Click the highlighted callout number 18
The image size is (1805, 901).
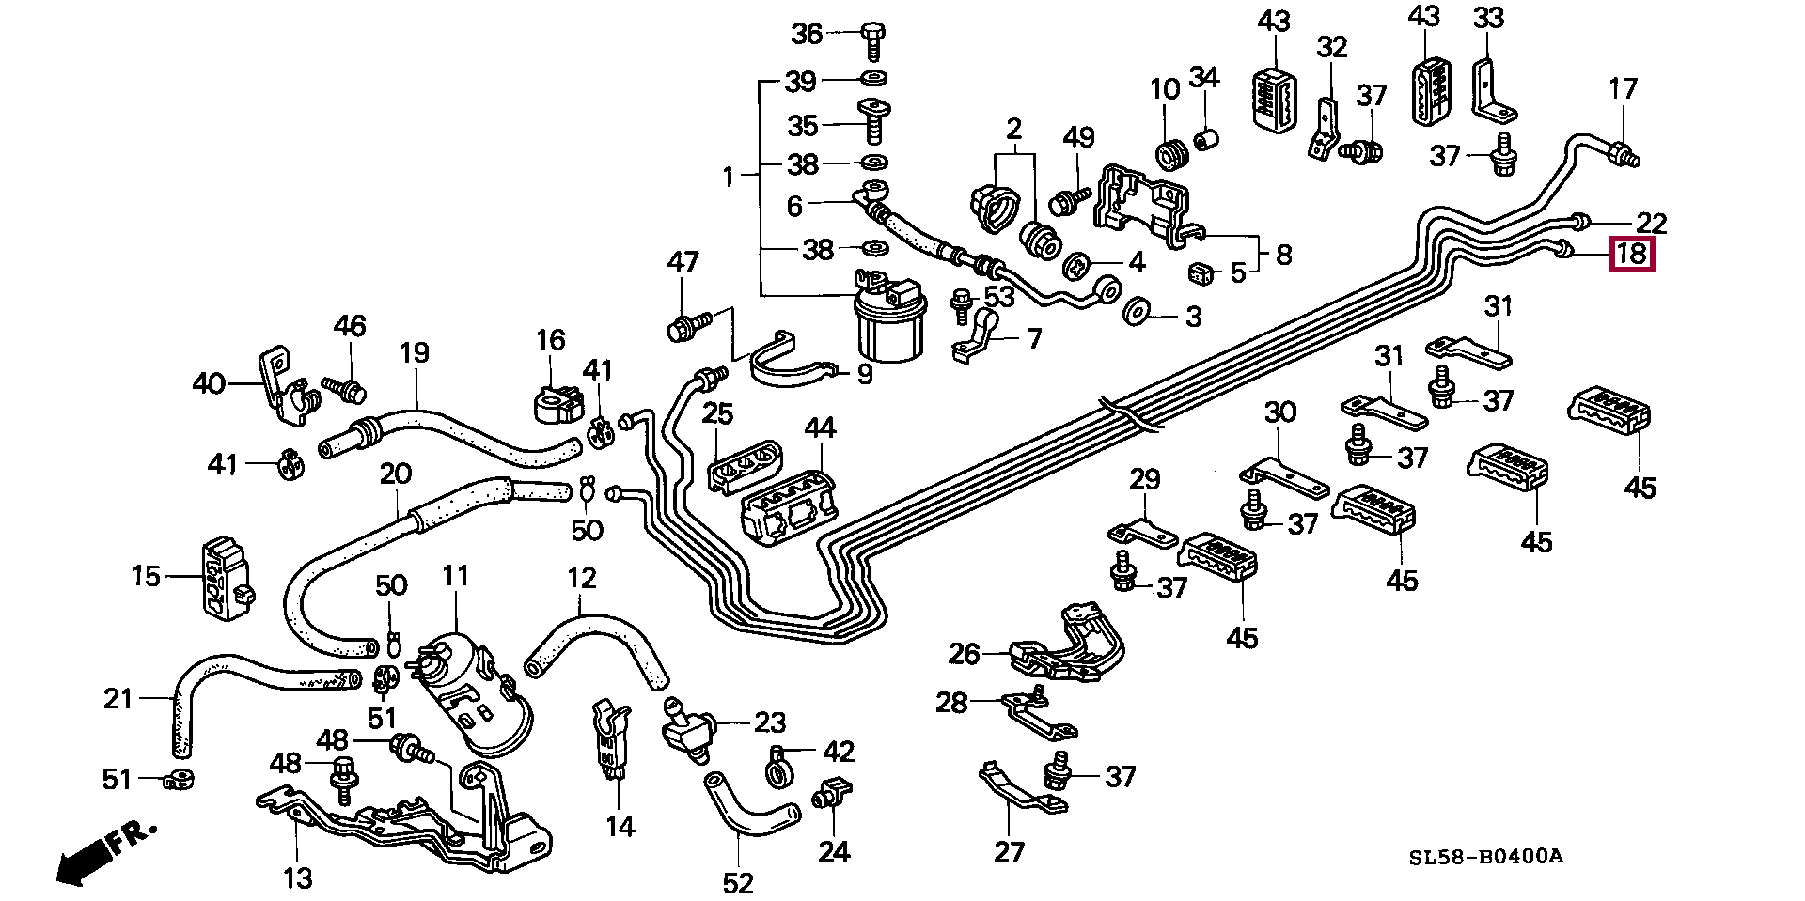pos(1632,254)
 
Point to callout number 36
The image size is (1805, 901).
pos(808,34)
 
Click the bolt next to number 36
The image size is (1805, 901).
pos(871,39)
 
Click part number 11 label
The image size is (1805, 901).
pos(456,575)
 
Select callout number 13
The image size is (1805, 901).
pos(297,878)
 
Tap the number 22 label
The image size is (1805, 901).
pos(1652,223)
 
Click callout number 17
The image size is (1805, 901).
pos(1623,89)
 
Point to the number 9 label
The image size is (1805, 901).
pos(864,375)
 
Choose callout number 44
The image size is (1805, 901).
pos(820,428)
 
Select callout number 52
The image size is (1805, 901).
pos(738,883)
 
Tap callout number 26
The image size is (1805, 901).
pos(965,654)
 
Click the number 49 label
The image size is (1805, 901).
pos(1078,137)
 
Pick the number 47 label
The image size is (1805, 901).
pos(683,261)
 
